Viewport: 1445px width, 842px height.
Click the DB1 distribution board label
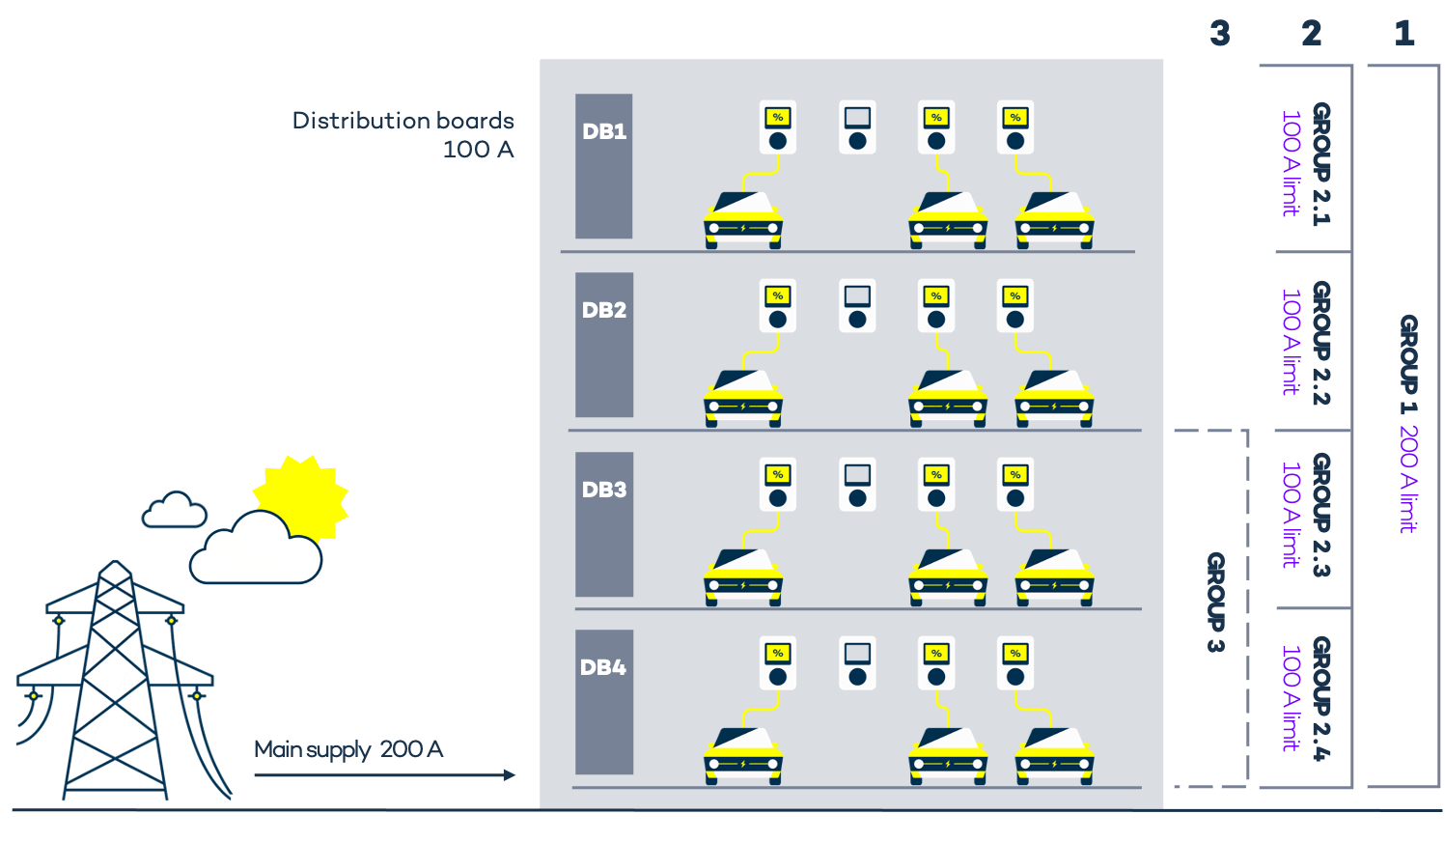point(604,131)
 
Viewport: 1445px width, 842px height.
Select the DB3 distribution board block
point(604,524)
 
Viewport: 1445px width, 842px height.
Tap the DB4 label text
point(603,667)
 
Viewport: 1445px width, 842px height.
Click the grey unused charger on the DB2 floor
point(857,306)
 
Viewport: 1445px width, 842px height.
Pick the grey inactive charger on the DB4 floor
point(857,663)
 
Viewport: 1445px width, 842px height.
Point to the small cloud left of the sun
point(175,510)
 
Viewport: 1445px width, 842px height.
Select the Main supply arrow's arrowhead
point(510,774)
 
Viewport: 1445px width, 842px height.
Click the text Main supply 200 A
point(348,749)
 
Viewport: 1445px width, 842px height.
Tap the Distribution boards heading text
point(403,121)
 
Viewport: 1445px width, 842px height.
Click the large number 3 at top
point(1220,34)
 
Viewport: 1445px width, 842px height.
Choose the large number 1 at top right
point(1404,34)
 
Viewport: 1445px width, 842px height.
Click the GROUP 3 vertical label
point(1216,602)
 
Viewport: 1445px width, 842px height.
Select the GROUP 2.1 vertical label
point(1321,164)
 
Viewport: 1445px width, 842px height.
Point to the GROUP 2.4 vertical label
point(1321,698)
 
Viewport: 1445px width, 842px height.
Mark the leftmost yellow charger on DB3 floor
point(777,485)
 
